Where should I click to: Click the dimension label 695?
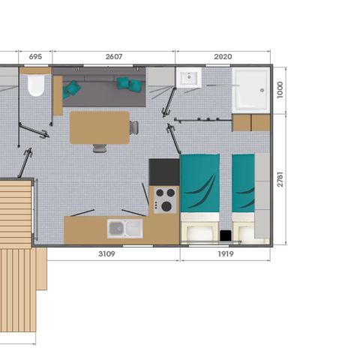click(34, 55)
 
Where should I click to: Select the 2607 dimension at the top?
click(114, 55)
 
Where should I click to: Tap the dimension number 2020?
click(223, 55)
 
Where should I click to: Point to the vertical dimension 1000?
click(280, 91)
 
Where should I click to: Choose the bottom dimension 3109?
click(106, 253)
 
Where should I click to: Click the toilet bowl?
click(35, 85)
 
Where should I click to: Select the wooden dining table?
click(100, 127)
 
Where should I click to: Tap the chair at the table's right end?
click(134, 127)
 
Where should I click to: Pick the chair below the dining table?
click(100, 148)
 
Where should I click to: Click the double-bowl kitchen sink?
click(124, 228)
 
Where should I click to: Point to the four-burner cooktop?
click(164, 199)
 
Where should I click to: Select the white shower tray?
click(250, 91)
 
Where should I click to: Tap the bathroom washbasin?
click(188, 77)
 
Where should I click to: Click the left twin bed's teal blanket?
click(200, 184)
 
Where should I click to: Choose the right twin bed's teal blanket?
click(243, 184)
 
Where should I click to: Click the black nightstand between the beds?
click(225, 235)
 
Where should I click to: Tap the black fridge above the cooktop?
click(164, 172)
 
